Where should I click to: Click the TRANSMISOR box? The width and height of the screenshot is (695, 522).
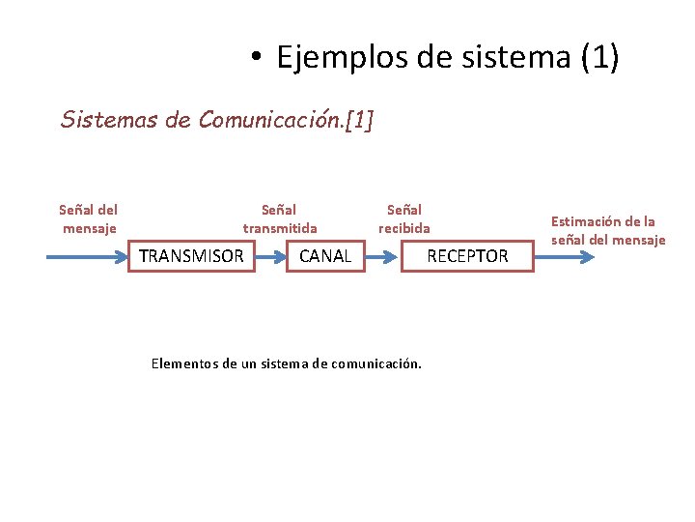(x=191, y=256)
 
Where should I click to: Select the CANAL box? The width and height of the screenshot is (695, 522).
(x=325, y=256)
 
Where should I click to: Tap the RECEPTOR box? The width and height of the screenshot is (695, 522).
(x=467, y=256)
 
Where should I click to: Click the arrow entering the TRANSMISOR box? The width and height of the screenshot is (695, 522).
(x=88, y=257)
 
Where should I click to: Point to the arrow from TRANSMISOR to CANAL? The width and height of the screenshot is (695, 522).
(x=271, y=257)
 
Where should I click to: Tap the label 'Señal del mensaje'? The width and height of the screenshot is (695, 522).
(x=89, y=218)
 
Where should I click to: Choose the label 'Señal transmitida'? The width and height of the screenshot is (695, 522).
(x=279, y=218)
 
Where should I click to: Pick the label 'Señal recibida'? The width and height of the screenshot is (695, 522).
(x=404, y=218)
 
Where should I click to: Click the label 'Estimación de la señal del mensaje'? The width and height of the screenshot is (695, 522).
(x=608, y=230)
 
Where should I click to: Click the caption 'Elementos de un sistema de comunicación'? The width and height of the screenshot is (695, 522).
(x=287, y=364)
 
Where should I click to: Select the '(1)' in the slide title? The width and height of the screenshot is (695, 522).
(x=599, y=58)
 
